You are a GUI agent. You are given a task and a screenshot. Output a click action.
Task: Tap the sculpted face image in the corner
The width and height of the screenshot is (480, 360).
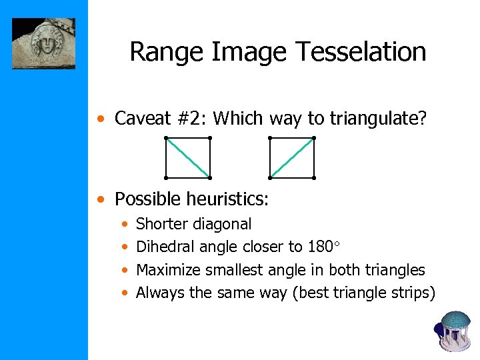44,43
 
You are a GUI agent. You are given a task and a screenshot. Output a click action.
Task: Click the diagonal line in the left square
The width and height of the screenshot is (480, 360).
188,158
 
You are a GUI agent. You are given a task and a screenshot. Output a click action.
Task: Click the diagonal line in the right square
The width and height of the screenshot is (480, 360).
292,158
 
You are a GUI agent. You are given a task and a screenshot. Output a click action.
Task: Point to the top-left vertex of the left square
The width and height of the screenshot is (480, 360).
166,138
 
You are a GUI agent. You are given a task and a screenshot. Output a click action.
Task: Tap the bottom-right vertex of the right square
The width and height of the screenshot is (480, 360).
314,178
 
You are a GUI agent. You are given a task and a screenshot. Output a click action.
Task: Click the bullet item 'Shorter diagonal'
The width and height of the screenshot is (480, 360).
193,224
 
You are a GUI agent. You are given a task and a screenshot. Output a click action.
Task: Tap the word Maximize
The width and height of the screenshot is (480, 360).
168,270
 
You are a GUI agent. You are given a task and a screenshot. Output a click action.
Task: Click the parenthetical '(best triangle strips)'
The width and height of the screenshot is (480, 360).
363,293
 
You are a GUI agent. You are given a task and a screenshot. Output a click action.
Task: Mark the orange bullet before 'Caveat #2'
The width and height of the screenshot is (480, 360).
100,120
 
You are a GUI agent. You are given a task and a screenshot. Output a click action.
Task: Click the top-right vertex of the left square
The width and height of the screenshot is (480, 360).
210,138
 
